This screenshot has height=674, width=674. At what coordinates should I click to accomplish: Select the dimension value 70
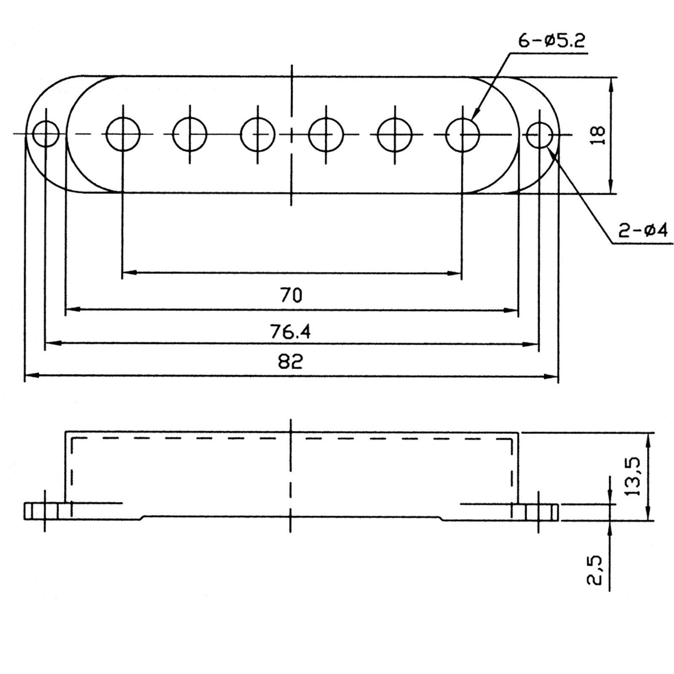291,295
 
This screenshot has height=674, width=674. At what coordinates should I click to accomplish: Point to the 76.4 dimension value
291,332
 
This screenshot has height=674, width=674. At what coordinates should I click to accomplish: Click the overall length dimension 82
291,361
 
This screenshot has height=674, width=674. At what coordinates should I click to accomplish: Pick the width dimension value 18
598,135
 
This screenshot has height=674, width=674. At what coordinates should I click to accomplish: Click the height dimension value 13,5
633,476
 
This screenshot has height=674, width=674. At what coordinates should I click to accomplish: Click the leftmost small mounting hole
46,134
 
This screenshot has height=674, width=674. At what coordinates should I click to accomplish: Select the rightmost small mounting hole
540,135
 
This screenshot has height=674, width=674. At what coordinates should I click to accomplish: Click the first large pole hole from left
123,134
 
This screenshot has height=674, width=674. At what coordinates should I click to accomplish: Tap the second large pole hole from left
190,134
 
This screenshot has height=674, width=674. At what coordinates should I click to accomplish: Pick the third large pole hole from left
257,134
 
